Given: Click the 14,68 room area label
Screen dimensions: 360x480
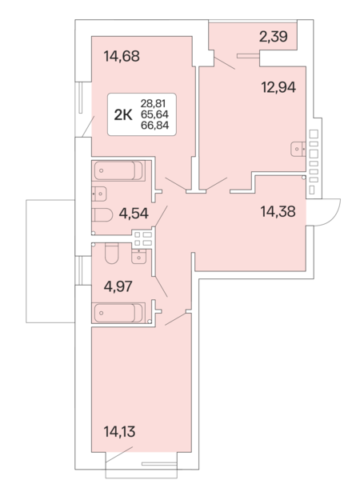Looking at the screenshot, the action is pos(122,56).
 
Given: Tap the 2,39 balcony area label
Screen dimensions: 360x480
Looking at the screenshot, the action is pos(274,37).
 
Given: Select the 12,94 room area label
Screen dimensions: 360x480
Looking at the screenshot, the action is pos(278,87).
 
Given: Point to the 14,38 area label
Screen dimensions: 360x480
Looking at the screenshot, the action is pos(278,211).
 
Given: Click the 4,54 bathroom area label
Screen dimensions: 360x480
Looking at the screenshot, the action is pos(134,214).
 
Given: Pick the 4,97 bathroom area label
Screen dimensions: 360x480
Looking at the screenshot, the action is pos(118,286).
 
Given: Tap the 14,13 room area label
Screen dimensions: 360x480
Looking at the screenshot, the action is pos(119,432).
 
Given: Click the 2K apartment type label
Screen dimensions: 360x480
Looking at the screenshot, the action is pos(123,115).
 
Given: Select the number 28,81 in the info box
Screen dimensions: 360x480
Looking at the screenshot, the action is pos(153,103).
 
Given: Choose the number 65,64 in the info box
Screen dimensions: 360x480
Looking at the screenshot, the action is pos(154,114).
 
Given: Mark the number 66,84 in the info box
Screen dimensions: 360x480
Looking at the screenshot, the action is pos(154,126).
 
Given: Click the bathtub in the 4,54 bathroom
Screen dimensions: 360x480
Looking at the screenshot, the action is pos(118,171).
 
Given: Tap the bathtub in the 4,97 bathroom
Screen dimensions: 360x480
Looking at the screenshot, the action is pos(118,313).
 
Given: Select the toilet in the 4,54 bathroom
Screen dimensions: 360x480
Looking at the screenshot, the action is pos(102,215).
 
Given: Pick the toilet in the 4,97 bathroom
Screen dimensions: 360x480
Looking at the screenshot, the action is pos(111,254).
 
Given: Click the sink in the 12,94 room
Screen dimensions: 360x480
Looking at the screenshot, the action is pos(298,149).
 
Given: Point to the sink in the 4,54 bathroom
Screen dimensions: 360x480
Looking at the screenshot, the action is pos(99,194).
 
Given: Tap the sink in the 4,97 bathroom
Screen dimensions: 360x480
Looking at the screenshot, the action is pos(139,256).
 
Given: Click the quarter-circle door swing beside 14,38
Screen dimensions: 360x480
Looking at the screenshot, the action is pos(331,218).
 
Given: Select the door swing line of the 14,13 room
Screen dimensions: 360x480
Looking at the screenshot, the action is pos(119,454).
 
